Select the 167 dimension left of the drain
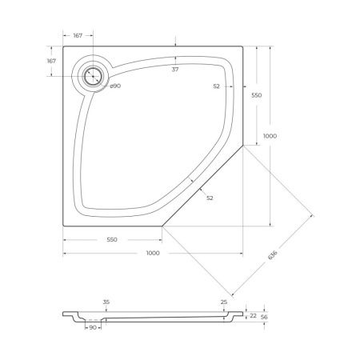51,62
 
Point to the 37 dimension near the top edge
175,70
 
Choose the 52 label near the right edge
217,86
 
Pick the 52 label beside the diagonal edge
210,198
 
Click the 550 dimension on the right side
257,95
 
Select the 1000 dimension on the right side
270,137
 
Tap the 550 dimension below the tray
112,239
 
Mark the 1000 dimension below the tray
152,253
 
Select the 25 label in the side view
223,302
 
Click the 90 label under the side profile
92,328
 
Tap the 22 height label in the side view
254,316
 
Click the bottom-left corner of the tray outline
62,227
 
